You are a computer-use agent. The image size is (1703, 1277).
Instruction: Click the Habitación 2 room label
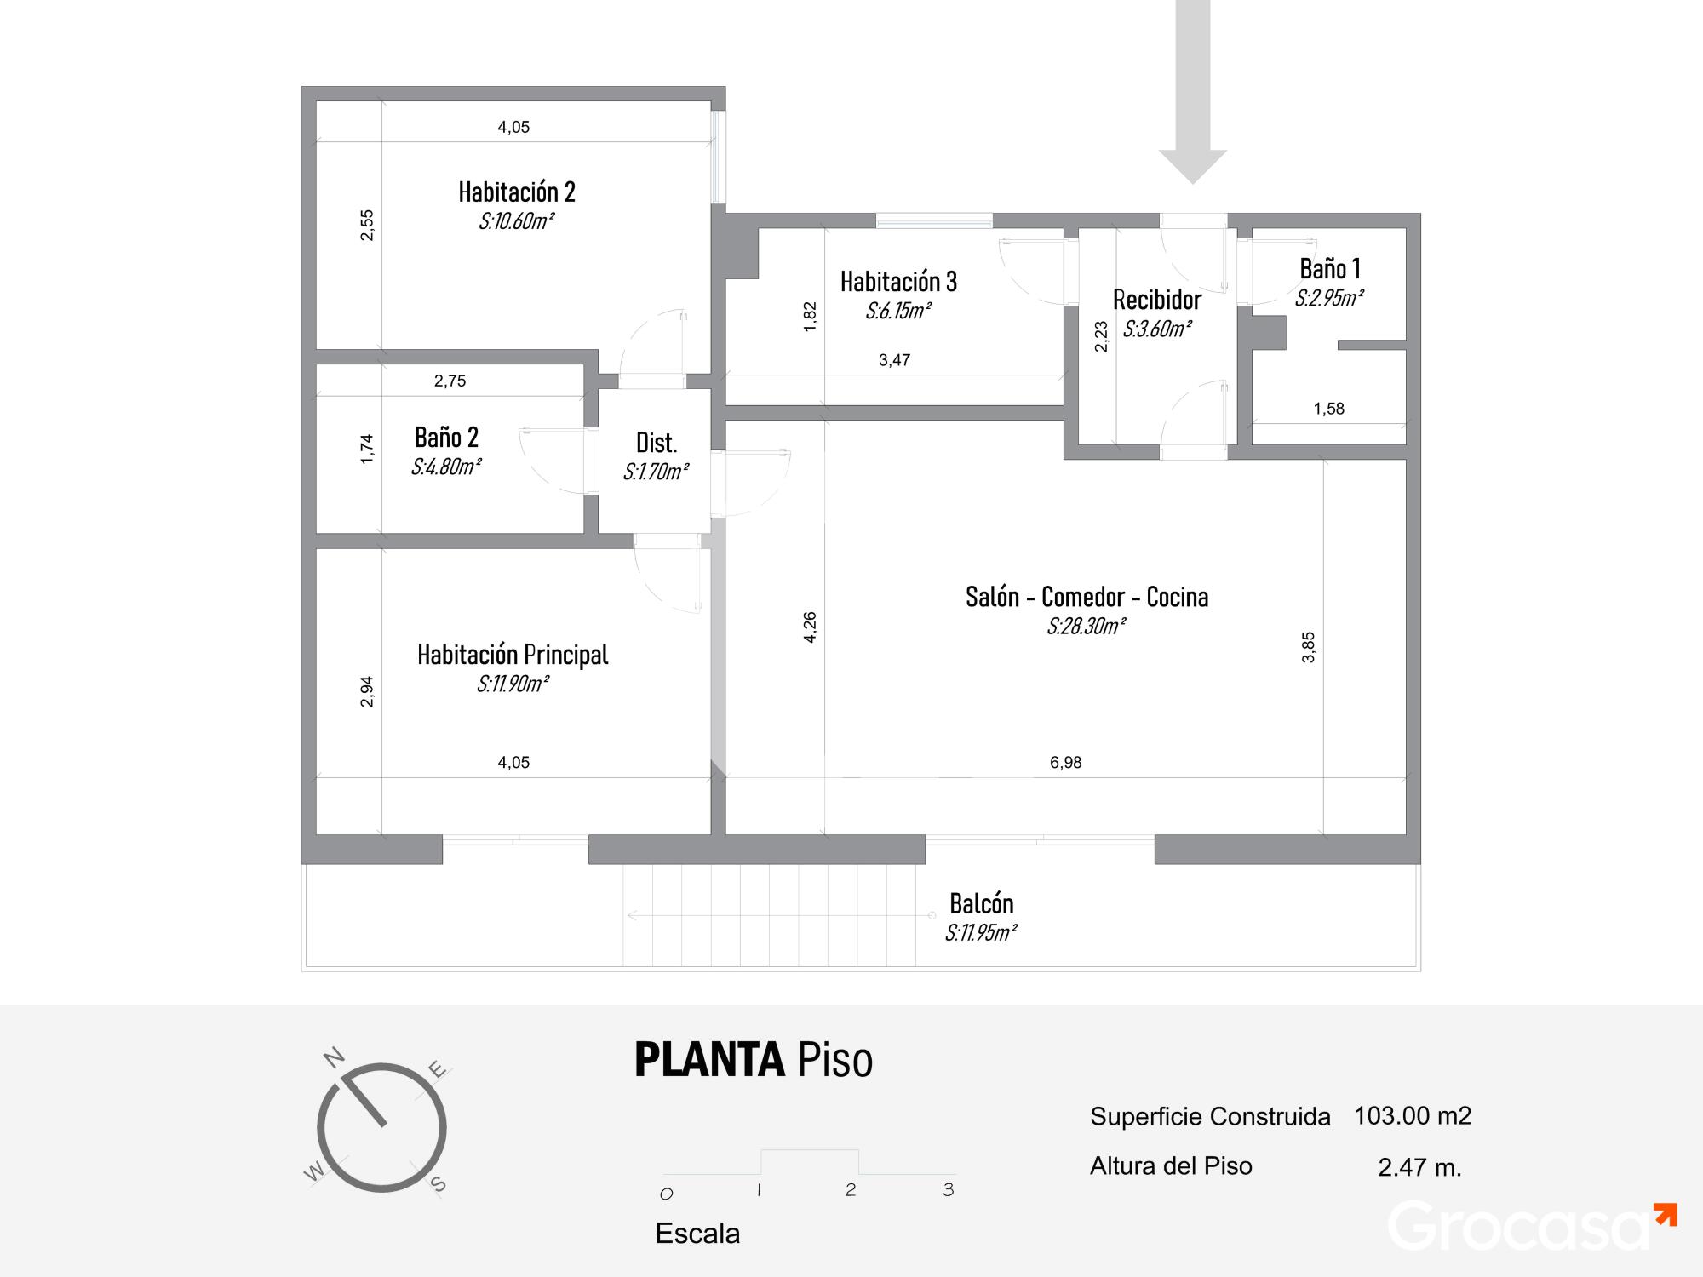pos(517,192)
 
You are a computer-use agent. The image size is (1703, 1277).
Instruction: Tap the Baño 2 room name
pos(446,438)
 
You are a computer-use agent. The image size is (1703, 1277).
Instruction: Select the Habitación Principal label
pos(513,655)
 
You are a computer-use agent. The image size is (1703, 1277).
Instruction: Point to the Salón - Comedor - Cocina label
pos(1087,597)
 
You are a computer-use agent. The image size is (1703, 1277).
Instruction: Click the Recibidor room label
pos(1156,300)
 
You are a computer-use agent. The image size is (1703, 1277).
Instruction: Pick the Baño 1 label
pos(1330,269)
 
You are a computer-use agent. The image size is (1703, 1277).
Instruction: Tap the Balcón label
pos(981,903)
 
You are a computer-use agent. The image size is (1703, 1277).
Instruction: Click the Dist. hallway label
pos(657,443)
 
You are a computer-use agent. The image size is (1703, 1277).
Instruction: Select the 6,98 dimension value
pos(1065,763)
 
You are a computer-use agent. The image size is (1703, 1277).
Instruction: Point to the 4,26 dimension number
pos(810,627)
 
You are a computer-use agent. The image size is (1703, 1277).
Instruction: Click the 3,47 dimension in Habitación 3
pos(894,360)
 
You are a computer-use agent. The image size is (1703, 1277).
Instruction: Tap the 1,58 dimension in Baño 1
pos(1328,409)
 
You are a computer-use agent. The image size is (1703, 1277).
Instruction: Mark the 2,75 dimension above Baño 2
pos(450,381)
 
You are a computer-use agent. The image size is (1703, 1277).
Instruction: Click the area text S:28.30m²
pos(1086,627)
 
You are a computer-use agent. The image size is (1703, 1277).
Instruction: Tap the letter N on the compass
pos(335,1057)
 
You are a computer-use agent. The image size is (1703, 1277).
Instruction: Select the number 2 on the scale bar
pos(851,1189)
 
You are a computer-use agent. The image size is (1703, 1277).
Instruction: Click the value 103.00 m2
pos(1413,1115)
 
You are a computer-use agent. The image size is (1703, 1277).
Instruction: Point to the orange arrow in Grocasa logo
pos(1665,1215)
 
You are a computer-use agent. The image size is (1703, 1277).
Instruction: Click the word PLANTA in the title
pos(709,1060)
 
